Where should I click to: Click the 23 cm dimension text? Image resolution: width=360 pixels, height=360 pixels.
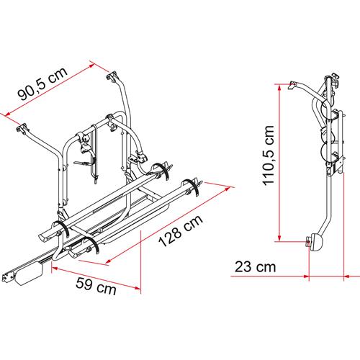251,267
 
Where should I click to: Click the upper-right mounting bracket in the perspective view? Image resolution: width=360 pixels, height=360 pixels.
113,76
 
